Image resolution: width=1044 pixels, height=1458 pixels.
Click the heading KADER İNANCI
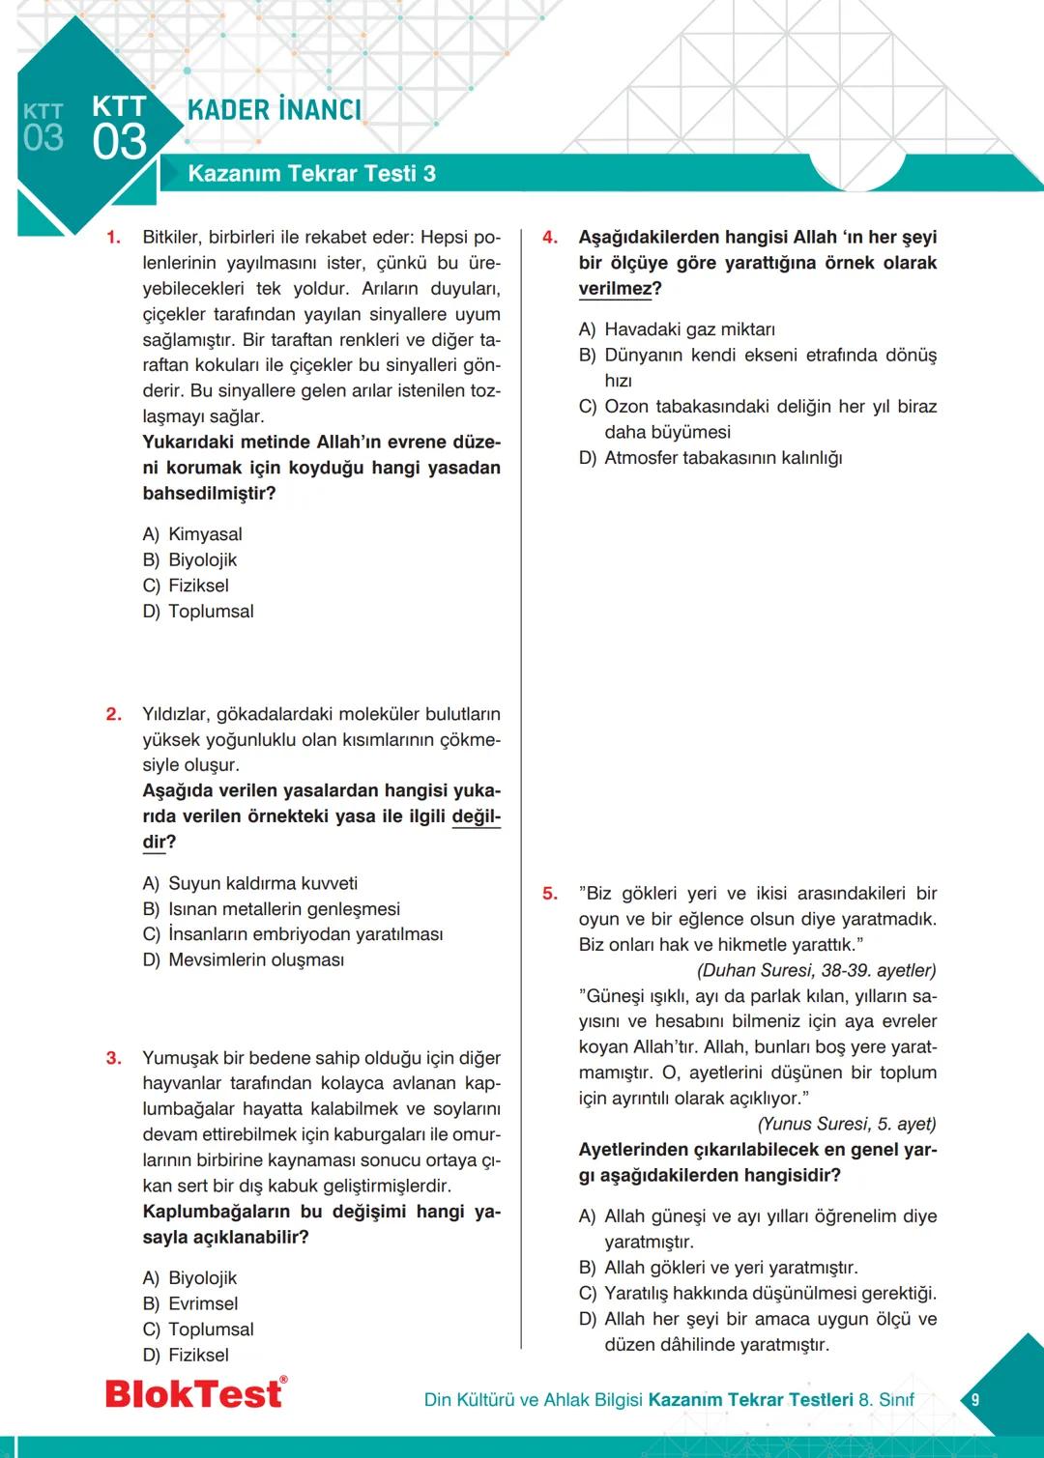click(x=275, y=110)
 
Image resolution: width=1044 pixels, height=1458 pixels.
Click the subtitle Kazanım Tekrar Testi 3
click(x=311, y=174)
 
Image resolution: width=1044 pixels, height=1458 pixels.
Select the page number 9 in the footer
click(x=974, y=1399)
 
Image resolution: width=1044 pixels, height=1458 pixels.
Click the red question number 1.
click(x=113, y=238)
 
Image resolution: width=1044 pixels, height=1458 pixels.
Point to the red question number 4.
click(x=549, y=238)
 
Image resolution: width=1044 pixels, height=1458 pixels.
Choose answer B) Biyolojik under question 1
click(x=190, y=560)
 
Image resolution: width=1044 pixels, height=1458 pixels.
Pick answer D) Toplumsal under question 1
click(x=198, y=612)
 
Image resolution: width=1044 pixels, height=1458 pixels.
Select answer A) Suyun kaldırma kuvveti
click(x=250, y=884)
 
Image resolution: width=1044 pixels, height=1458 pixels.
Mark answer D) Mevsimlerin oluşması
click(x=244, y=960)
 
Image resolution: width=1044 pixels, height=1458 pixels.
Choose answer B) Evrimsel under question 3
click(x=190, y=1304)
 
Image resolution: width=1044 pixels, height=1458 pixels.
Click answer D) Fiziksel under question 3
click(x=187, y=1356)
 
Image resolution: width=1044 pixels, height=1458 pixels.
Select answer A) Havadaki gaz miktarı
click(x=677, y=329)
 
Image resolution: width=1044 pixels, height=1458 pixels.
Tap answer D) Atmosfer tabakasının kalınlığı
click(x=710, y=458)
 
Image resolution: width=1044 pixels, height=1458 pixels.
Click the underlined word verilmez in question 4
click(x=615, y=289)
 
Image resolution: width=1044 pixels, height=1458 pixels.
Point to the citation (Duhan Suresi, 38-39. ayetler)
click(x=816, y=970)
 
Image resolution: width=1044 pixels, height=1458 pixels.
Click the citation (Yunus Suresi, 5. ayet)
click(x=847, y=1124)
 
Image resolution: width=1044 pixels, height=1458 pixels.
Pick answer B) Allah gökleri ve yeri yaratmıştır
click(x=718, y=1268)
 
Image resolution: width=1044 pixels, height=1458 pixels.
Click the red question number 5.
click(x=549, y=894)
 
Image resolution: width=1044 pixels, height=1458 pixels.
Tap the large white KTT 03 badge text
click(x=120, y=129)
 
